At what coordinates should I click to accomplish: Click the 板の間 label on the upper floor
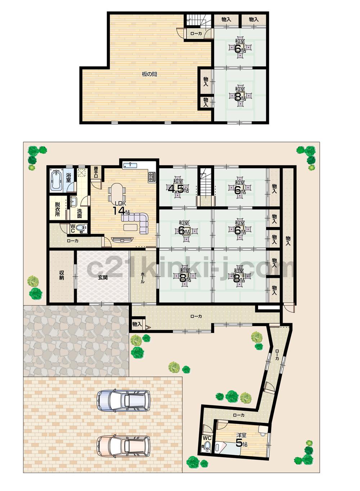pyautogui.click(x=149, y=75)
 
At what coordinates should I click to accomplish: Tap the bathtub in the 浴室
pyautogui.click(x=57, y=180)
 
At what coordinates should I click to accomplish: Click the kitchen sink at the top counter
pyautogui.click(x=130, y=165)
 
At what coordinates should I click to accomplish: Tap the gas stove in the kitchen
pyautogui.click(x=152, y=177)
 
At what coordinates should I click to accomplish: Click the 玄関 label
pyautogui.click(x=102, y=277)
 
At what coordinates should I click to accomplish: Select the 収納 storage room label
pyautogui.click(x=62, y=276)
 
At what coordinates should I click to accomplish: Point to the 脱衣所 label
pyautogui.click(x=58, y=209)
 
